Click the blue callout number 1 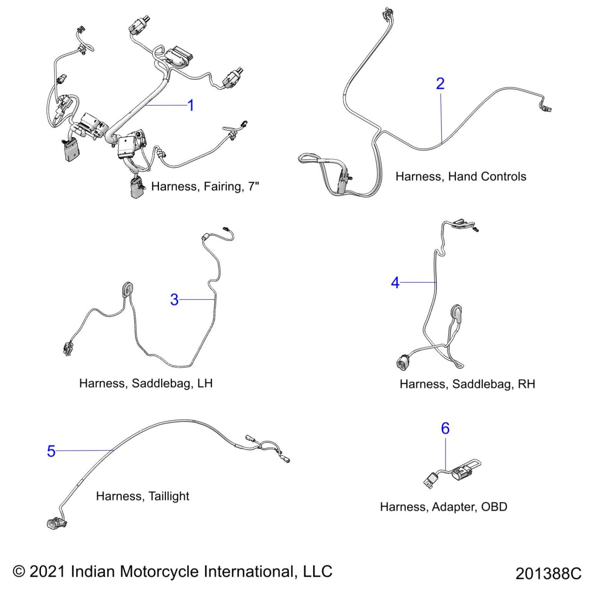tap(191, 105)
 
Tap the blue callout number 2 tap(440, 84)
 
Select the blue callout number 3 tap(174, 300)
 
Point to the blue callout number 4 tap(395, 283)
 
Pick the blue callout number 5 tap(51, 451)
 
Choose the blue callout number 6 tap(445, 428)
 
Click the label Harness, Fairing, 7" tap(205, 186)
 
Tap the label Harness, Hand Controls tap(461, 176)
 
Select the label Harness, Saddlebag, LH tap(146, 383)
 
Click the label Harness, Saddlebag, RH tap(467, 384)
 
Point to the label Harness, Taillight tap(143, 496)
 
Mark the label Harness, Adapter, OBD tap(444, 507)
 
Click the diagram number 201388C tap(548, 573)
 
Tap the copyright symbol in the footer tap(19, 571)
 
